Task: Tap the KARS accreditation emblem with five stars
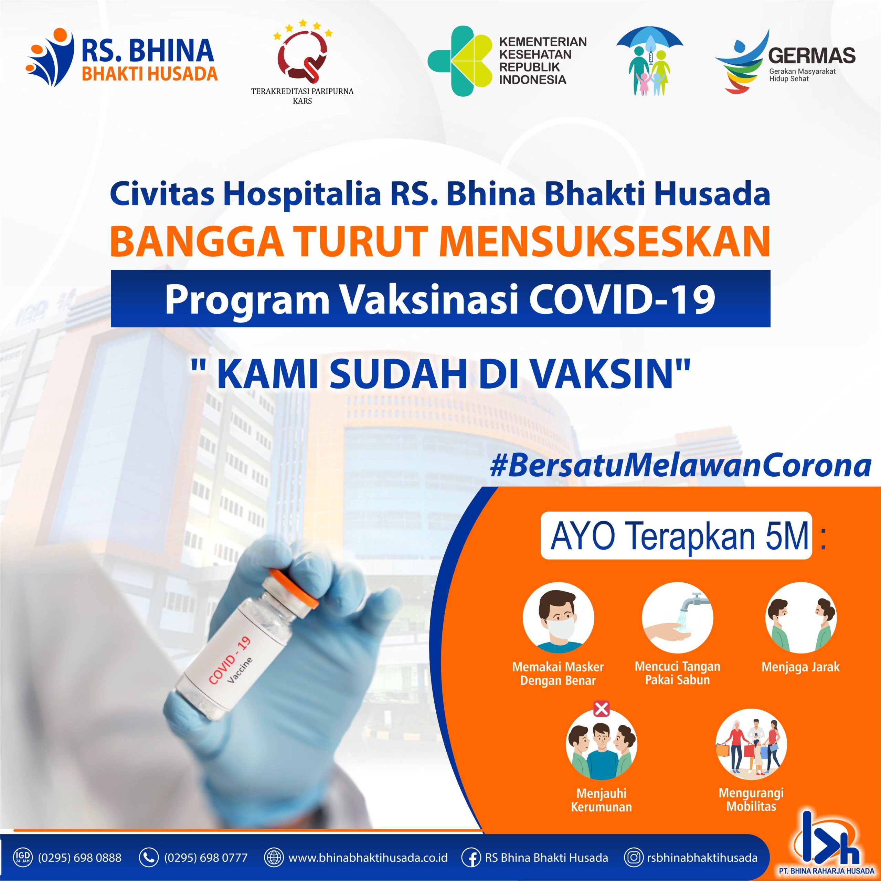coord(302,54)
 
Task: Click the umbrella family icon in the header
coord(649,63)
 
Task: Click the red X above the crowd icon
coord(602,709)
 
